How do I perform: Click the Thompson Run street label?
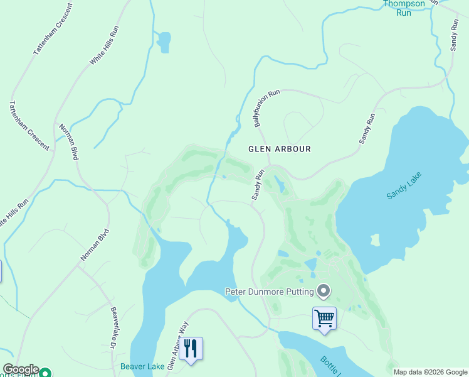tap(404, 8)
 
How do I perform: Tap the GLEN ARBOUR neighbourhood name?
tap(280, 149)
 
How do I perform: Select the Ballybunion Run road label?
tap(266, 109)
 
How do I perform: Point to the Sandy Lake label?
tap(405, 186)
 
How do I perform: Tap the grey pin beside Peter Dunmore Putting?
tap(324, 290)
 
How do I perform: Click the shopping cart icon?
tap(324, 319)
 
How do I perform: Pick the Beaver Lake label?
tap(142, 366)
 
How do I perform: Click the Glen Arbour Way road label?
tap(178, 345)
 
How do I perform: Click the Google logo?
tap(21, 369)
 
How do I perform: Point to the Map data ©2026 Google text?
tap(430, 372)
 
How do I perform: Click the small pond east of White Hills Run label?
tap(164, 42)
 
